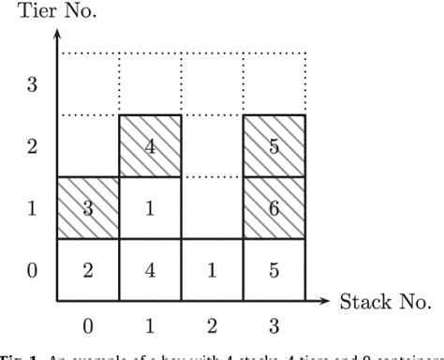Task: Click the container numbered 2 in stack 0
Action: pos(88,270)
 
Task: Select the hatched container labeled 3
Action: pos(88,208)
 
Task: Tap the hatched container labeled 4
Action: pos(150,146)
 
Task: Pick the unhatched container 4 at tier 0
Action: pos(150,270)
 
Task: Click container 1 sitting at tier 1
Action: pos(150,208)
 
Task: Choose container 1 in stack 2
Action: pos(212,270)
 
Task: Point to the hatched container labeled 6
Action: pos(274,208)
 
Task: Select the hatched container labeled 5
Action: pos(274,146)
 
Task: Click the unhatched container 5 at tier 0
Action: pos(274,270)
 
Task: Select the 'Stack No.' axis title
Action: pos(384,302)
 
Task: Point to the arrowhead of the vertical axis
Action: pos(58,33)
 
